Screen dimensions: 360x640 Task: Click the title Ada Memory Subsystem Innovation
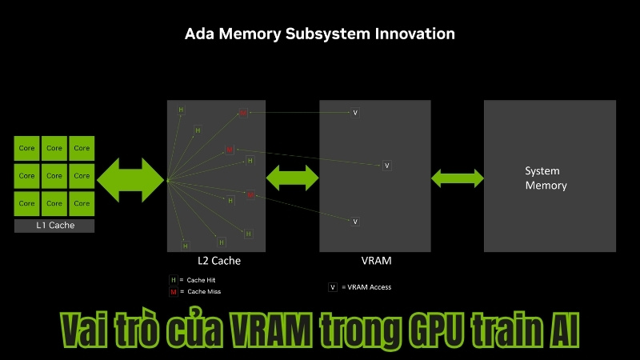(320, 34)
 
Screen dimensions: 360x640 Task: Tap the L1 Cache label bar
(54, 226)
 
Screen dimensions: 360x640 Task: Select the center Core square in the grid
(54, 175)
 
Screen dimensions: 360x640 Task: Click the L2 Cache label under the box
(219, 261)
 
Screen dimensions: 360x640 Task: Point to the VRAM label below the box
(376, 261)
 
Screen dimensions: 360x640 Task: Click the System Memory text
(546, 178)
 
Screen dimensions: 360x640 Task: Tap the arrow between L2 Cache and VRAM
(292, 177)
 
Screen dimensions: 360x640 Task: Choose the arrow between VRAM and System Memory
(458, 178)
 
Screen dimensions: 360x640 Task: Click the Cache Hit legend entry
(193, 280)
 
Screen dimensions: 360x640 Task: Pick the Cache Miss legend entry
(194, 292)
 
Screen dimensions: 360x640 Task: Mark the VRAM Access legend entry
(359, 287)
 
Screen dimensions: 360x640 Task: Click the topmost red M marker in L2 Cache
(243, 113)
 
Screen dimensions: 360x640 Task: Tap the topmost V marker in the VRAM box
(355, 113)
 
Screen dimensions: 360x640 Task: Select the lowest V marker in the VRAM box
(355, 222)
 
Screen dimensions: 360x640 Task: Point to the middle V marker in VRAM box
(386, 166)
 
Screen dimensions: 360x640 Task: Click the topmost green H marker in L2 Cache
(181, 110)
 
